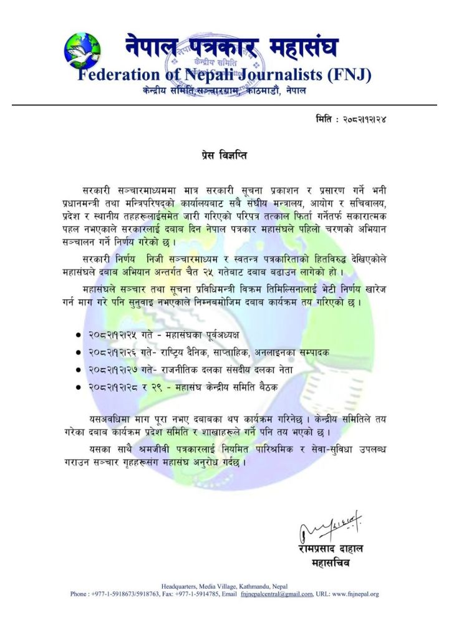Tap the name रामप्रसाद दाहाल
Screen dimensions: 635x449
[331, 549]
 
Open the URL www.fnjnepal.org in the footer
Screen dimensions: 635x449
[356, 594]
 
